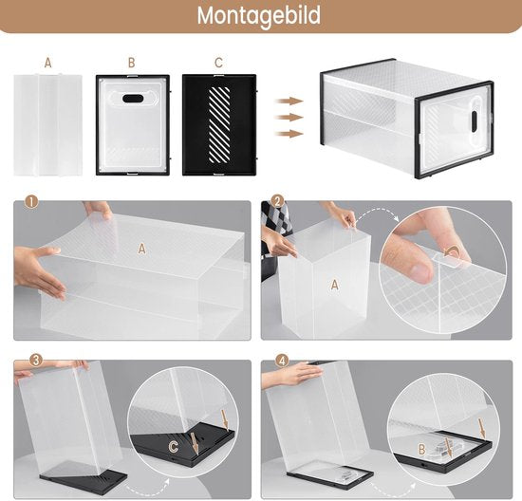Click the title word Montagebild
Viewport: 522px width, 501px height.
coord(259,16)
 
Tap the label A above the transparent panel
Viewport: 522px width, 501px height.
coord(47,63)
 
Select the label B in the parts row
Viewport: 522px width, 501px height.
coord(132,63)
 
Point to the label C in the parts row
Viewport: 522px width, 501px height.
coord(218,63)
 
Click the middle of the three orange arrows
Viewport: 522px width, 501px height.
coord(289,118)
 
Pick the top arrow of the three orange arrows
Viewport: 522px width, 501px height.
coord(289,101)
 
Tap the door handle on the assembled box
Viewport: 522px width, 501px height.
coord(470,121)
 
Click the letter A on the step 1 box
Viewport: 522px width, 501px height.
coord(142,248)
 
